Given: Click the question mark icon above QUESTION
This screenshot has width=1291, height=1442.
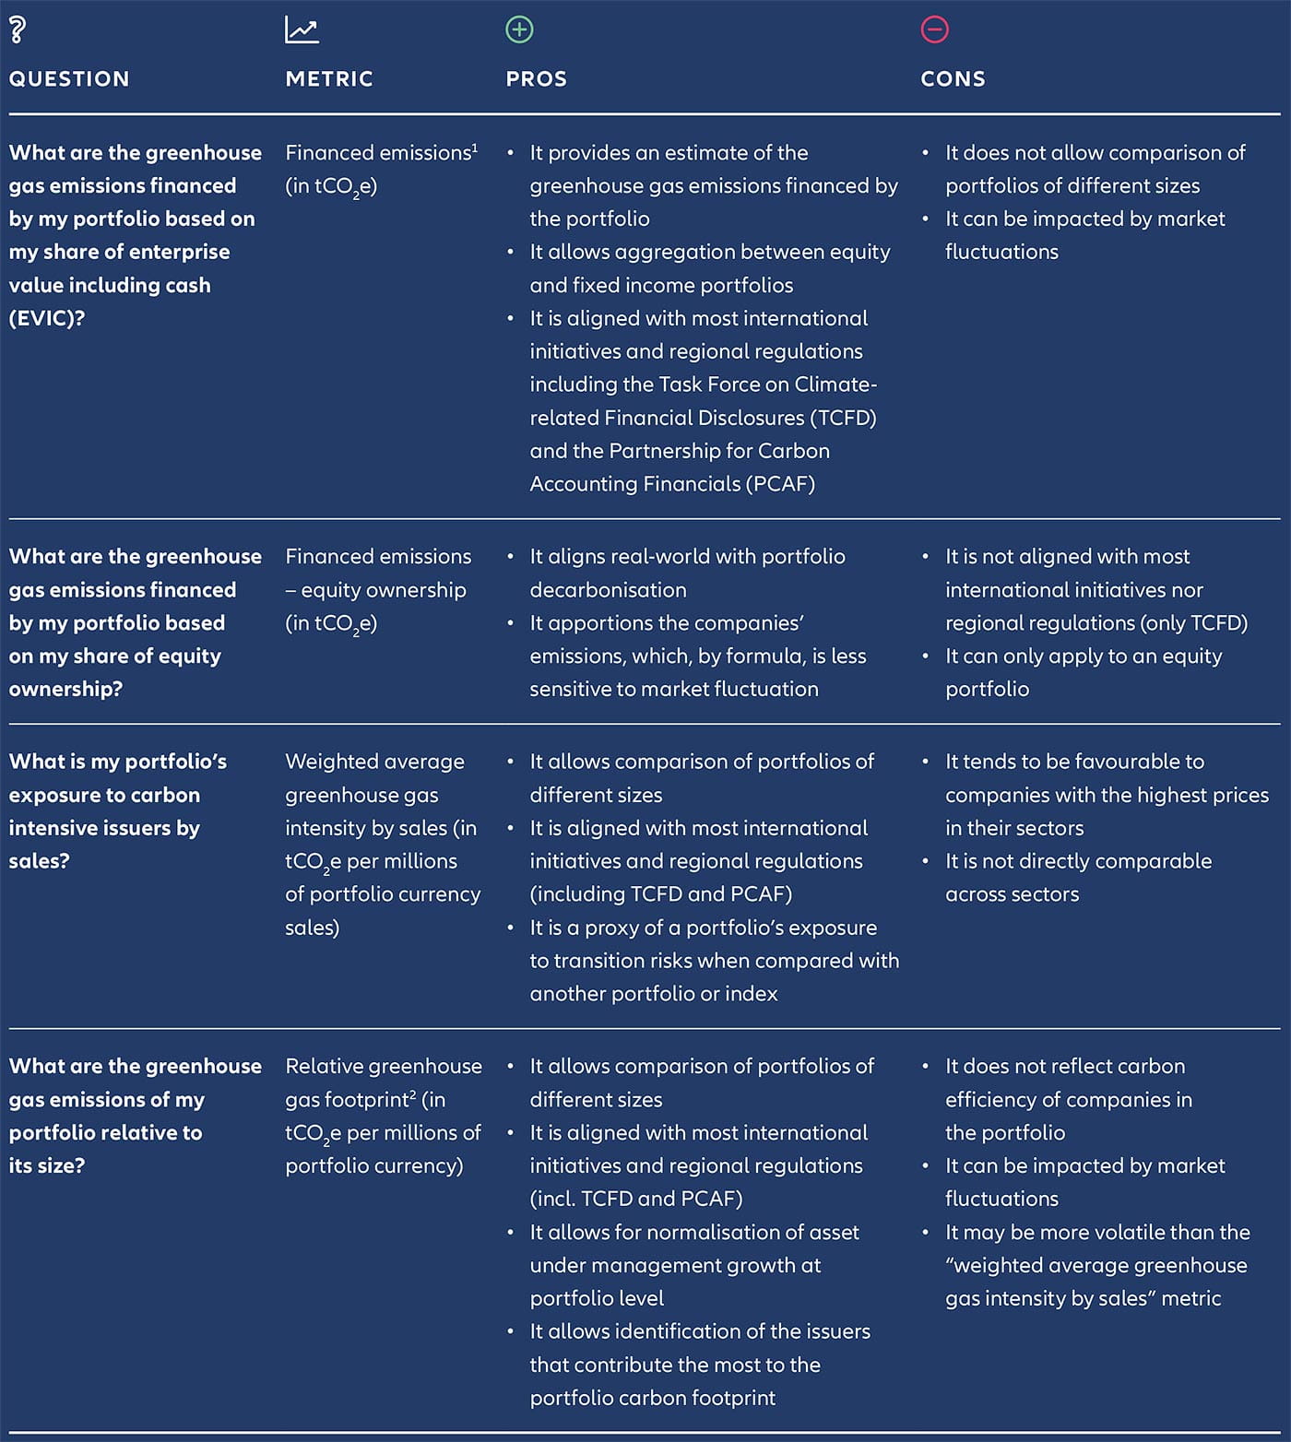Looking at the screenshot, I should click(x=17, y=30).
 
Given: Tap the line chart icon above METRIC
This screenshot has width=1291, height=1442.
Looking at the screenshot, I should click(x=302, y=30).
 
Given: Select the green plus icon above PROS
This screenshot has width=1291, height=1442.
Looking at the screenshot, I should click(x=519, y=30).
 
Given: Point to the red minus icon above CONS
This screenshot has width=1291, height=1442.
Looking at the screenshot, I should click(x=934, y=30).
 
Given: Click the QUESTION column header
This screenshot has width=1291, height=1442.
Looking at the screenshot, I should click(x=69, y=79).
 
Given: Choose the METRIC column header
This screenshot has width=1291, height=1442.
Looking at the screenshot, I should click(x=329, y=79).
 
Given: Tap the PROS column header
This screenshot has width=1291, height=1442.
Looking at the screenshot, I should click(x=536, y=79).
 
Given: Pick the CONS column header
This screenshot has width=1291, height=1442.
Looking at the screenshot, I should click(x=953, y=79).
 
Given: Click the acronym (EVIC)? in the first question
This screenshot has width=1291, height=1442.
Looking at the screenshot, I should click(x=47, y=318).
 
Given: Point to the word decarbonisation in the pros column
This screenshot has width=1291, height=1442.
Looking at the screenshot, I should click(x=608, y=590).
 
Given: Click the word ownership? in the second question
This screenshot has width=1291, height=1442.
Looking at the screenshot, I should click(x=65, y=690).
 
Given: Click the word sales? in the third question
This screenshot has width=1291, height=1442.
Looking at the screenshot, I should click(x=39, y=861).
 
